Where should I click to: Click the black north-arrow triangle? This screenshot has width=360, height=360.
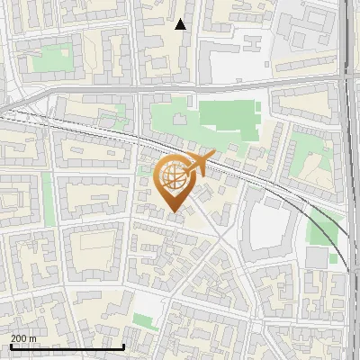tap(181, 24)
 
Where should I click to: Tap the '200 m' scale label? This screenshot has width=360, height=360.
tap(24, 337)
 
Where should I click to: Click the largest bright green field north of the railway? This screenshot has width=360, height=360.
tap(229, 117)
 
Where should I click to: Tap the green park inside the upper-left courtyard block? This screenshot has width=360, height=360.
tap(51, 58)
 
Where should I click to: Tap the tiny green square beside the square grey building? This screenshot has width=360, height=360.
tap(333, 259)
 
